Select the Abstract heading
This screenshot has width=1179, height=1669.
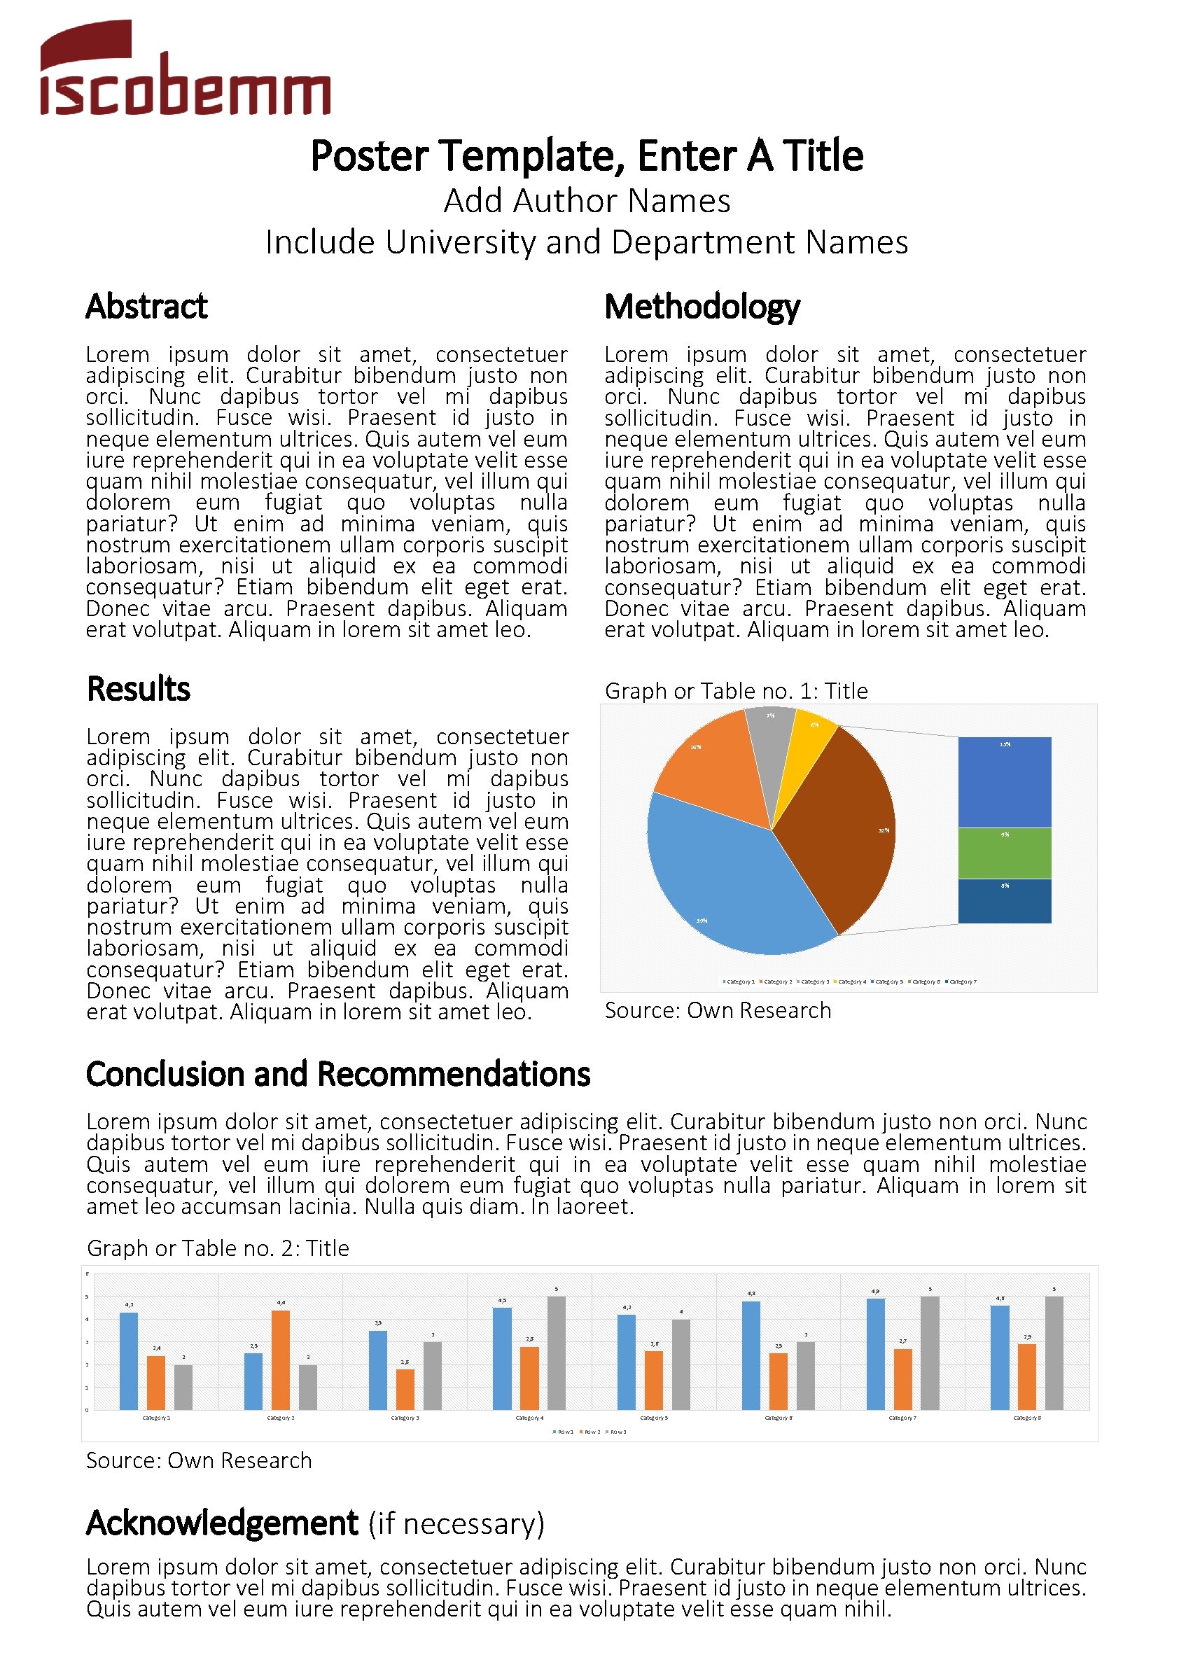[x=146, y=306]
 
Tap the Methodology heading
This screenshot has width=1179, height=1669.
[x=702, y=306]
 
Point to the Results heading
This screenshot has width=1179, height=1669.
[x=138, y=688]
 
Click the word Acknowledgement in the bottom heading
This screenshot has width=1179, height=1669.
[x=222, y=1523]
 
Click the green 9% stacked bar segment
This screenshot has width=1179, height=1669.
[x=1004, y=853]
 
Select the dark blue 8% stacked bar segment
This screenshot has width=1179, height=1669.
[x=1004, y=902]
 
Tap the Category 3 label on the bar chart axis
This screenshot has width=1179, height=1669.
[x=405, y=1418]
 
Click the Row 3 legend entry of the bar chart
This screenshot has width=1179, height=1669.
[x=616, y=1432]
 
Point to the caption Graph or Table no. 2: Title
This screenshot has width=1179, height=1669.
[x=217, y=1248]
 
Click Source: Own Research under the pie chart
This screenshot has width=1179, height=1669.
[x=718, y=1010]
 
